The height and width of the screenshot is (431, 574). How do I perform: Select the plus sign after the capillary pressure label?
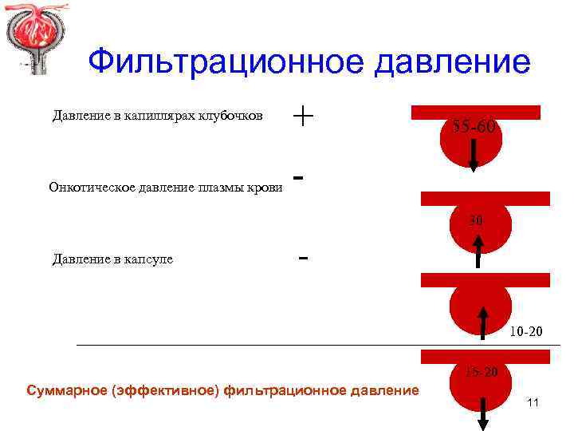coord(303,116)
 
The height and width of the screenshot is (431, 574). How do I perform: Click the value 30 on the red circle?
coord(476,219)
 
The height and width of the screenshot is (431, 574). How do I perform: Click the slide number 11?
coord(533,403)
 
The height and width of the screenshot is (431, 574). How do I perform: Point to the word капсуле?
coord(149,259)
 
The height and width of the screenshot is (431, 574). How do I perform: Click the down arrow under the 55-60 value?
coord(473,155)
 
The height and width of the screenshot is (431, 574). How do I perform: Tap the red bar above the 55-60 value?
coord(477,112)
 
